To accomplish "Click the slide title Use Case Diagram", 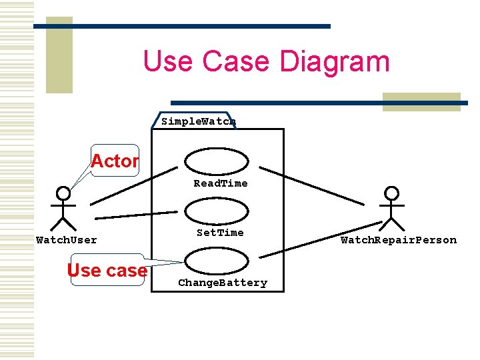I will (266, 61).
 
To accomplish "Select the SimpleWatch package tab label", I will (199, 121).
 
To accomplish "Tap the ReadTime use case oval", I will (217, 160).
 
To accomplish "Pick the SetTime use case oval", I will (217, 211).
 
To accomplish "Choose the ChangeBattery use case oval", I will (217, 261).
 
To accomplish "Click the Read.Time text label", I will (220, 183).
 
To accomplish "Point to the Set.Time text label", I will (220, 233).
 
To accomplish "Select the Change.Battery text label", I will (223, 283).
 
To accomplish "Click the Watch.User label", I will (66, 240).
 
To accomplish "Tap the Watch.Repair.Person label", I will (399, 240).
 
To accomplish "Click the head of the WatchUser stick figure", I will (63, 193).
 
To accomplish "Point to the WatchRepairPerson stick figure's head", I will (392, 193).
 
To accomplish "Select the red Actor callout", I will (115, 161).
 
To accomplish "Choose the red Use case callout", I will (107, 270).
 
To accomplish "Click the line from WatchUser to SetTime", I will (137, 215).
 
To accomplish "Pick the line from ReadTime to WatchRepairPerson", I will (311, 185).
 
